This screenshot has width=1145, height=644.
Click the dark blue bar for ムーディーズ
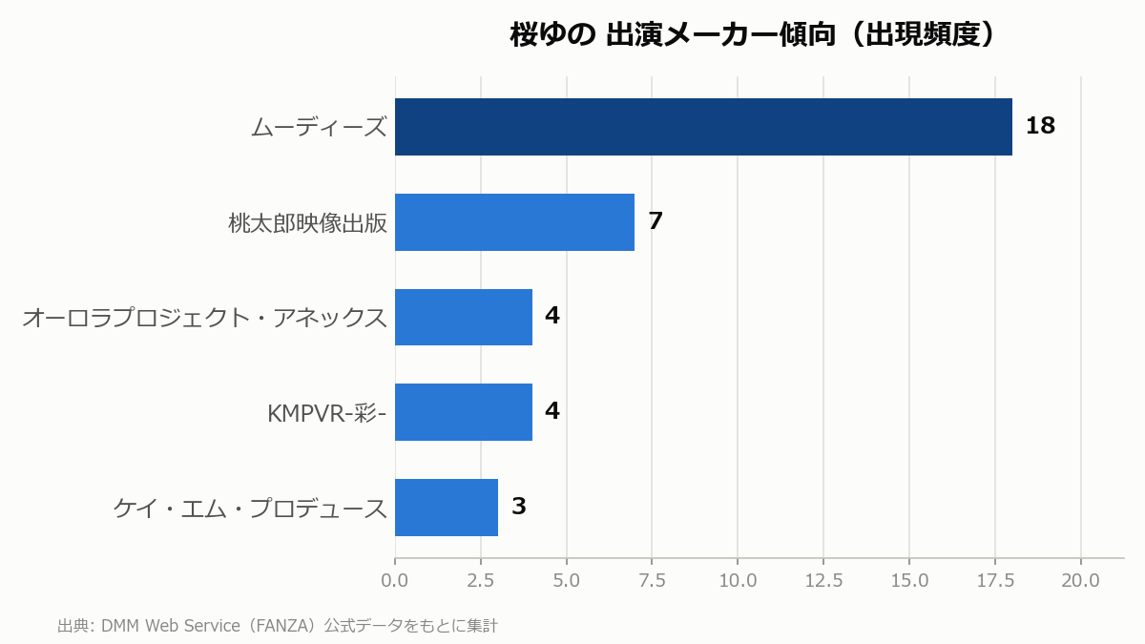pos(703,127)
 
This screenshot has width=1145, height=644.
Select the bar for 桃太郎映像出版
pos(514,222)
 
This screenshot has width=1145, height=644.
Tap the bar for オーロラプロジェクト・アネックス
pos(464,318)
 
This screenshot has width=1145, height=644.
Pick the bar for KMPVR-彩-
pos(464,412)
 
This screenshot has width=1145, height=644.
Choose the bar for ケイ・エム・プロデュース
pos(447,508)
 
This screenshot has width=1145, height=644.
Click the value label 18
pos(1040,126)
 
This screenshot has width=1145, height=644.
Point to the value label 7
pos(656,220)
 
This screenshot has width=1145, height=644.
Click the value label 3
pos(519,506)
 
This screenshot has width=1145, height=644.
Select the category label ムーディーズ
pos(319,127)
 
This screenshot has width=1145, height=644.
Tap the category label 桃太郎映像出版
pos(307,223)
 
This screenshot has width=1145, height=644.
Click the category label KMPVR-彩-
pos(326,413)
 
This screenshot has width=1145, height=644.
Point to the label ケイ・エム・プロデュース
pos(250,508)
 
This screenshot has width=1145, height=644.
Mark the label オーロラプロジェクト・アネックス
pos(204,318)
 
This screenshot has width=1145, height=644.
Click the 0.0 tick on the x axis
pos(395,581)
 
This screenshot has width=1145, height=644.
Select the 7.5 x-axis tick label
pos(652,581)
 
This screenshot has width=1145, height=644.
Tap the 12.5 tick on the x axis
pos(823,581)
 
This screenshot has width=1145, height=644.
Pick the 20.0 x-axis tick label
pos(1080,581)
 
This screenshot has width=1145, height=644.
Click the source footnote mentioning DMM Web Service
pos(278,626)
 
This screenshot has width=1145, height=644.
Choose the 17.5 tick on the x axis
pos(995,581)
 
